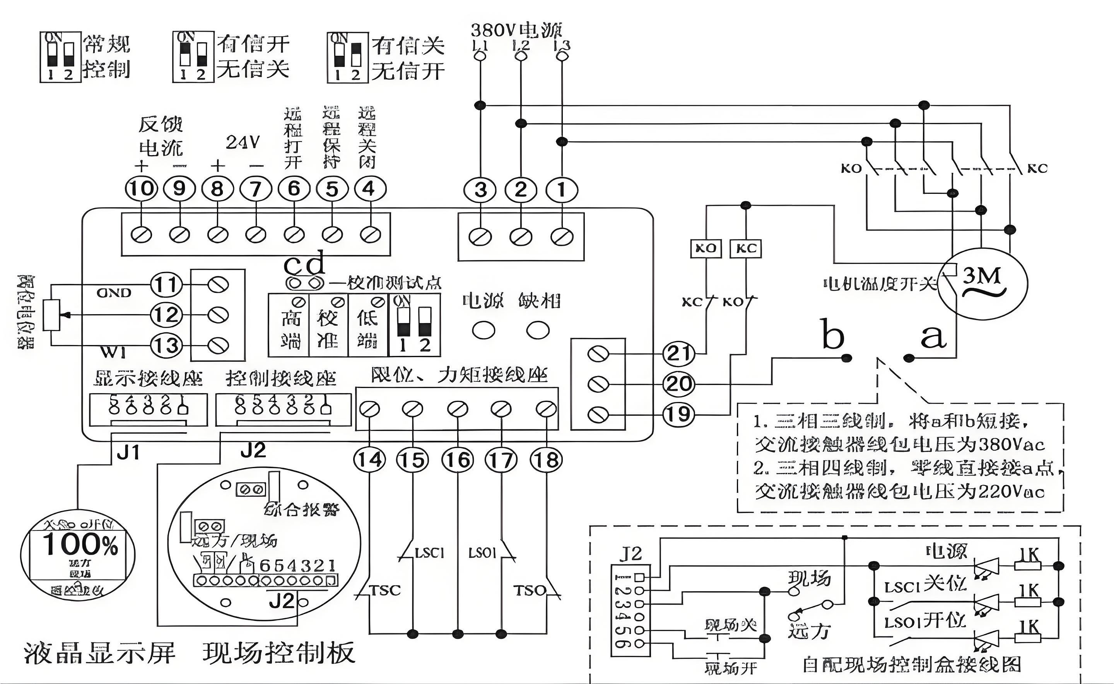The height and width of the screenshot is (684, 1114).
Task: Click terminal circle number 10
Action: point(142,188)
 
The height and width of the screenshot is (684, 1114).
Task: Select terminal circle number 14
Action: point(369,460)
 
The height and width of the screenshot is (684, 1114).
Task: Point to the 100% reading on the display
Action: point(80,545)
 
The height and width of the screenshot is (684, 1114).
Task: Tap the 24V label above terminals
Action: point(243,142)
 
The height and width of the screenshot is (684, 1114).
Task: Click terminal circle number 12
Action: point(166,315)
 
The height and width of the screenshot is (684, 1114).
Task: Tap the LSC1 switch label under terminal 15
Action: point(430,553)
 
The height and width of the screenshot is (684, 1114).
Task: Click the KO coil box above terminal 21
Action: point(706,248)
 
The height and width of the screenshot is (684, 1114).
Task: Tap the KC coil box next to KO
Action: point(746,248)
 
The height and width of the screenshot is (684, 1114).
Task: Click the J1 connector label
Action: point(128,452)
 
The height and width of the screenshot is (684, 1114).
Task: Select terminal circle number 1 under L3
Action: point(562,190)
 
